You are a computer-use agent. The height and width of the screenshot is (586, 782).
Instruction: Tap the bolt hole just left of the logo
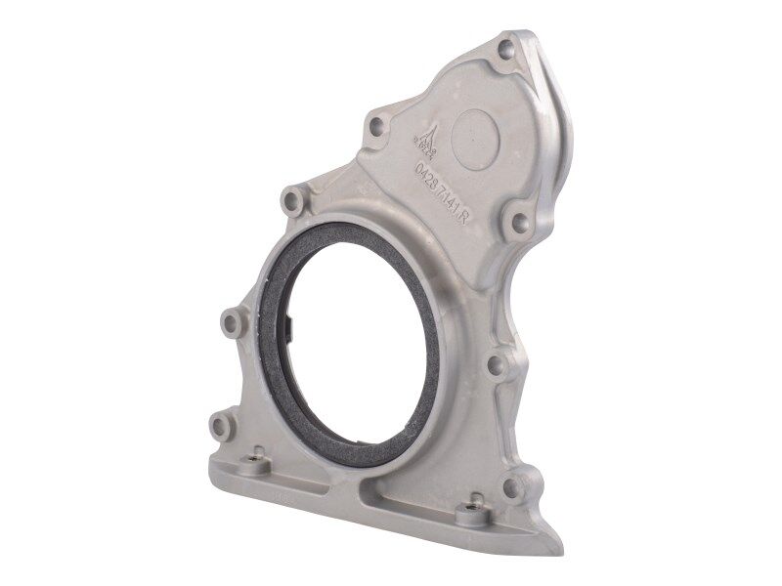coord(376,126)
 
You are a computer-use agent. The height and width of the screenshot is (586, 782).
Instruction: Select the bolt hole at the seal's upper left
coord(291,201)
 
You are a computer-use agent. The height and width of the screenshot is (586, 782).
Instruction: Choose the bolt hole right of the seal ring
coord(496,367)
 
